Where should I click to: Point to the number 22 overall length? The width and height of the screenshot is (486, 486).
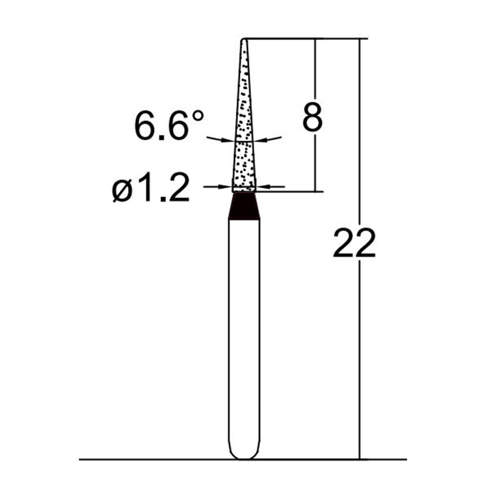[x=354, y=244]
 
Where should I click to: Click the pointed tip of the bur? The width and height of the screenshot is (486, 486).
[x=244, y=41]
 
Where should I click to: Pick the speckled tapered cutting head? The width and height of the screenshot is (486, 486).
[x=244, y=140]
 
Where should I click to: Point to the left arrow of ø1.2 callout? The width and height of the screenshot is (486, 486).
[x=217, y=187]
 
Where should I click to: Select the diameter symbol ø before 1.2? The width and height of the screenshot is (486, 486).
[x=121, y=192]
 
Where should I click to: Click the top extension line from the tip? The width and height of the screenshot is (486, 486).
[x=304, y=39]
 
